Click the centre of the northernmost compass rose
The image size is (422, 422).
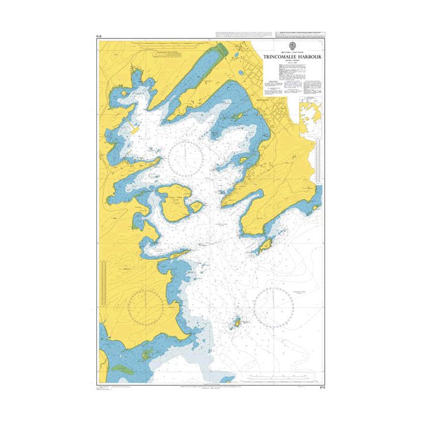tap(186, 158)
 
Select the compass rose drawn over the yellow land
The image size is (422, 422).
tap(145, 306)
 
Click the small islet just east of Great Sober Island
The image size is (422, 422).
tap(196, 207)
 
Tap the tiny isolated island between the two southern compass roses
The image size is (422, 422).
tap(237, 323)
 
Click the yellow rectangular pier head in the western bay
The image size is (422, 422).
tap(133, 128)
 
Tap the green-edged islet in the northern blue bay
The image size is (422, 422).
tap(237, 114)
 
